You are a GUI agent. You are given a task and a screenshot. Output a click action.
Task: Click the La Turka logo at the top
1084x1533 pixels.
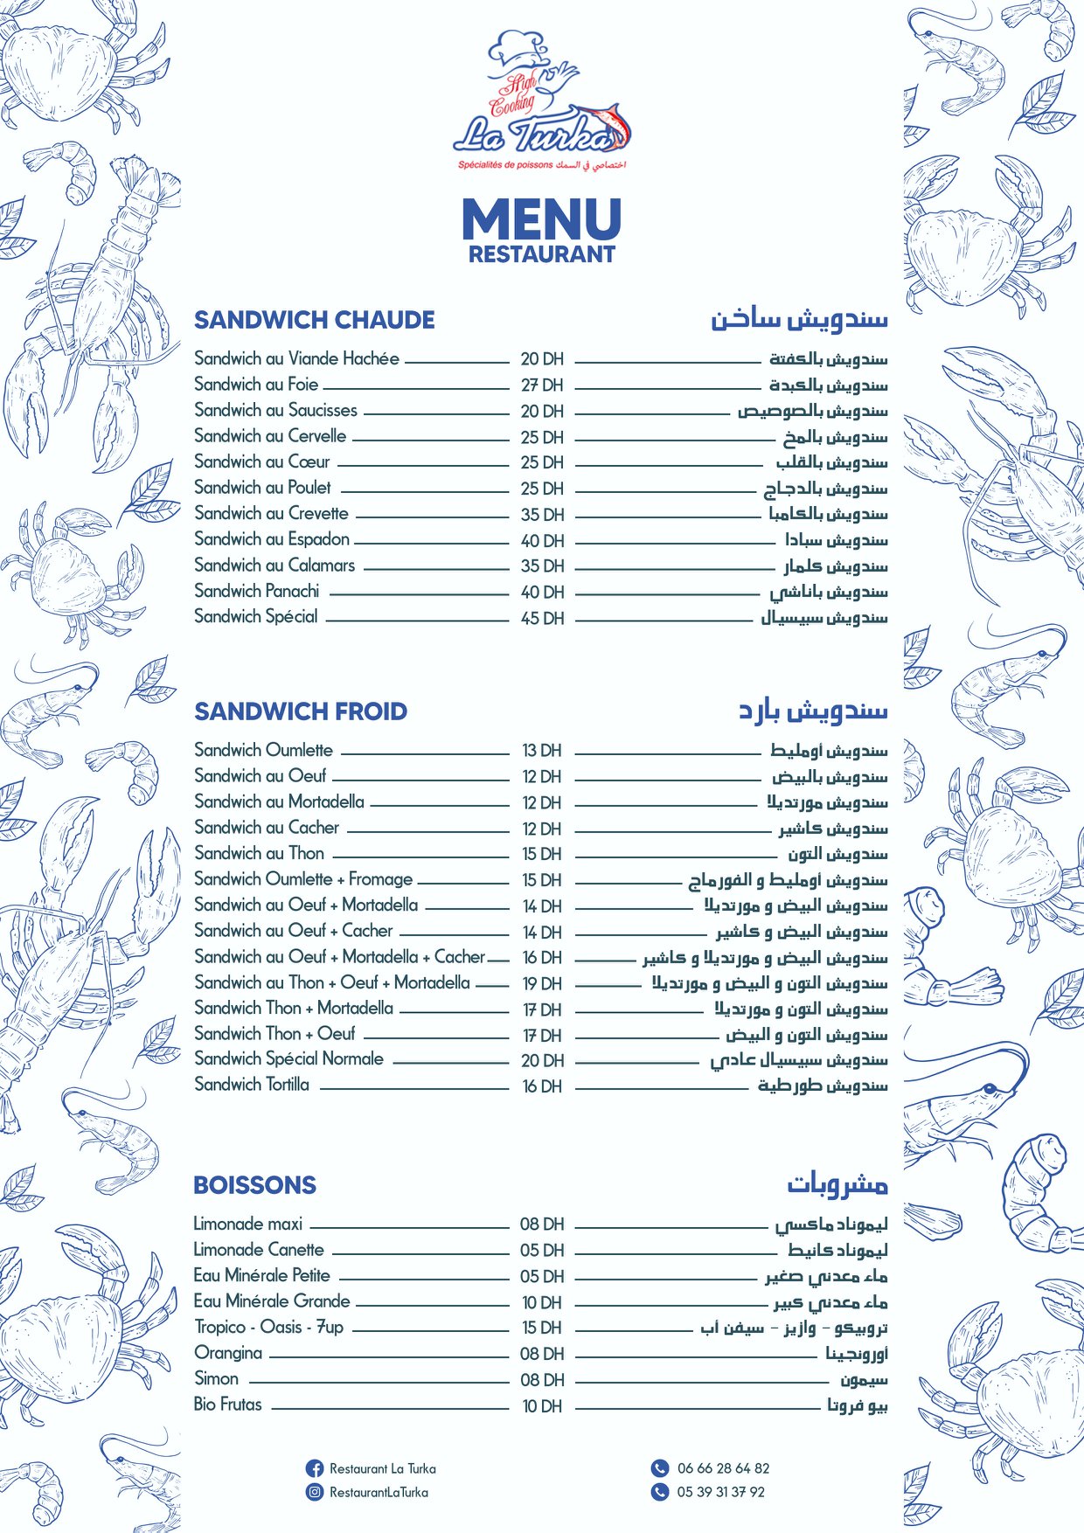tap(542, 101)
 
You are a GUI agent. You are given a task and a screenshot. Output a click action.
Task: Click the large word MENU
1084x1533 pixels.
tap(541, 219)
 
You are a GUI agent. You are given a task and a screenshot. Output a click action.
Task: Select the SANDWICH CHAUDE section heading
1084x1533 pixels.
tap(314, 320)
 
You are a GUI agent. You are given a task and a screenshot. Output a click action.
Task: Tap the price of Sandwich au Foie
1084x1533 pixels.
tap(542, 385)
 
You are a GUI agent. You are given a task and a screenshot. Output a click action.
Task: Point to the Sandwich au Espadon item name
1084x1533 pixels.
tap(272, 539)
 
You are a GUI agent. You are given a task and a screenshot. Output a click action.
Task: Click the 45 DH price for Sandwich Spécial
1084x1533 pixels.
tap(542, 618)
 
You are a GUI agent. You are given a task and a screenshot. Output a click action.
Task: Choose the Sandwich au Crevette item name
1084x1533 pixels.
tap(271, 514)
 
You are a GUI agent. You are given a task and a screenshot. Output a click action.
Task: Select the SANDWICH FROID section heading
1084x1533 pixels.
tap(300, 711)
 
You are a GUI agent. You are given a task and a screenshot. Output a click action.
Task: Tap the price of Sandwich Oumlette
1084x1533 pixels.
tap(542, 751)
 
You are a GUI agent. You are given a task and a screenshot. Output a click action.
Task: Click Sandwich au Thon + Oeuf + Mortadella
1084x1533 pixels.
tap(332, 982)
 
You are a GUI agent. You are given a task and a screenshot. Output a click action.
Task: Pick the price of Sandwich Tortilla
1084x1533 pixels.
tap(542, 1086)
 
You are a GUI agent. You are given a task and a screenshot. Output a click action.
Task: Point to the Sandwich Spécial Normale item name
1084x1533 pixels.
tap(288, 1059)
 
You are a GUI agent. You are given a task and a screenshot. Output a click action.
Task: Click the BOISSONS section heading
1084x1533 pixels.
tap(254, 1185)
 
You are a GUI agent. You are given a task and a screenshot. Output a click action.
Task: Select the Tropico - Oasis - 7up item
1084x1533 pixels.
tap(268, 1328)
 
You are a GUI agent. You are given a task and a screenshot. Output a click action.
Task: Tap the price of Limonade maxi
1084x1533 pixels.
tap(542, 1224)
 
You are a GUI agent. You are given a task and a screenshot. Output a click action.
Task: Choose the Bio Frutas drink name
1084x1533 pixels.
tap(227, 1405)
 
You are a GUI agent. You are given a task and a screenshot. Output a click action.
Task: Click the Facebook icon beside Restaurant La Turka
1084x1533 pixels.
tap(315, 1468)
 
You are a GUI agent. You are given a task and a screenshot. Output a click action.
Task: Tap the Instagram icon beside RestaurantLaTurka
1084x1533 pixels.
tap(315, 1492)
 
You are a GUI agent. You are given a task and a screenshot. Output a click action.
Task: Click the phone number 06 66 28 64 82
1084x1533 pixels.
tap(723, 1468)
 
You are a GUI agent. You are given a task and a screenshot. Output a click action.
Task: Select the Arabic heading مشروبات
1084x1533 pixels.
tap(837, 1184)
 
